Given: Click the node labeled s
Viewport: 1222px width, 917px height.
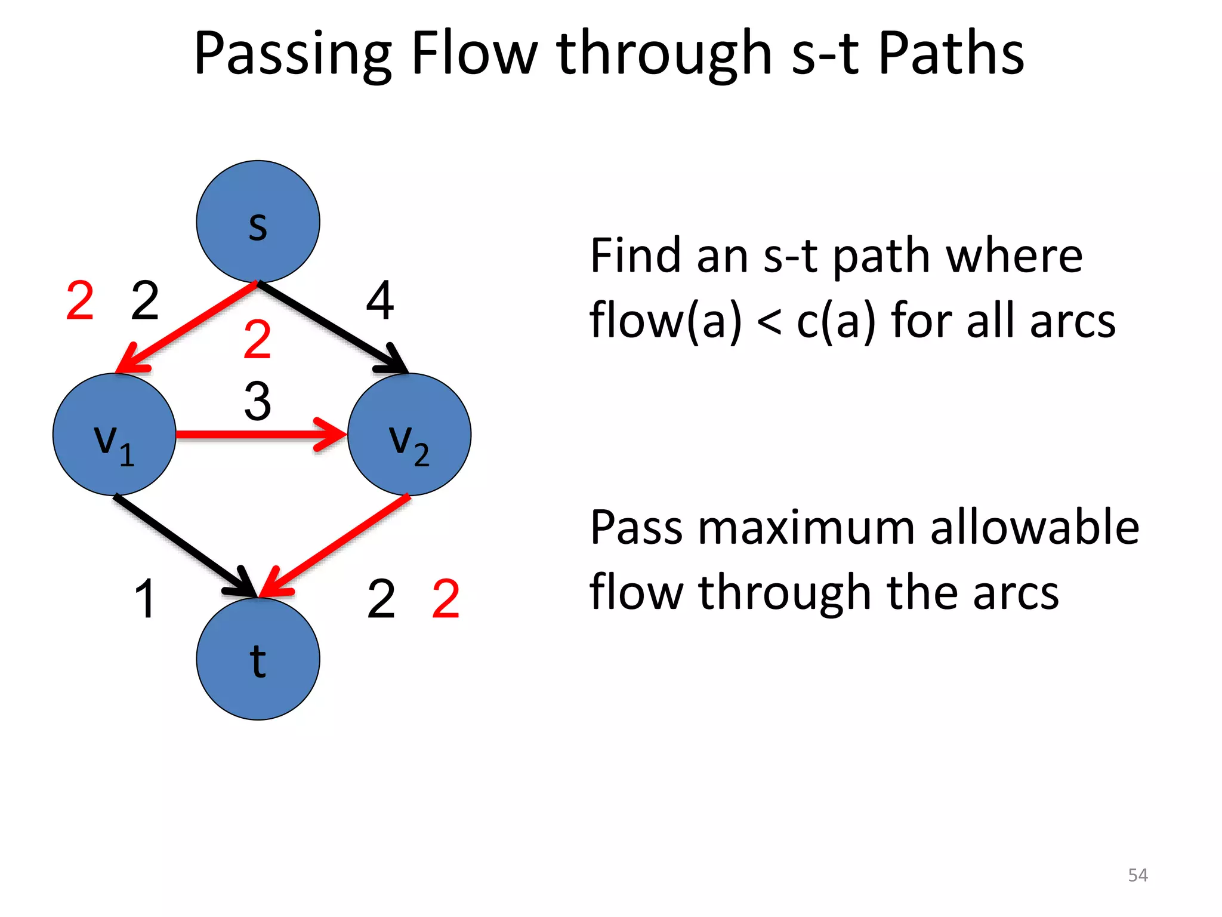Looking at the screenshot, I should [x=258, y=221].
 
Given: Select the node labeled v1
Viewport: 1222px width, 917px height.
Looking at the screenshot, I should [x=114, y=435].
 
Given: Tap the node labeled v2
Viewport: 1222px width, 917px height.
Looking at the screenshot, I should [x=409, y=435].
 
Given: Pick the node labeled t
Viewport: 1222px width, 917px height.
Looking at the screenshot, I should [x=258, y=659].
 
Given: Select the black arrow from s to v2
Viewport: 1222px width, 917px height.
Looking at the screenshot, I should [x=331, y=327].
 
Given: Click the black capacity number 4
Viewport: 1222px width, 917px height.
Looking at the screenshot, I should [x=380, y=300].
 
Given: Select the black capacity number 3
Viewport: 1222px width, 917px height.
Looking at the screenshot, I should [x=258, y=401].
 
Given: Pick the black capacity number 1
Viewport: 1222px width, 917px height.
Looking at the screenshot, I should [x=145, y=599].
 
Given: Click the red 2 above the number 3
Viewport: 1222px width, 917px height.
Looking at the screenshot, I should [x=258, y=339].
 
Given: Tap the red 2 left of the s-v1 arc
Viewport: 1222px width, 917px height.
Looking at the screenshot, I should [x=80, y=300].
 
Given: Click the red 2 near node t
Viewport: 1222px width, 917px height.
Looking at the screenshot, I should [x=446, y=599].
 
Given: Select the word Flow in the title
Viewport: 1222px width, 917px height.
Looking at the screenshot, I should [x=474, y=54].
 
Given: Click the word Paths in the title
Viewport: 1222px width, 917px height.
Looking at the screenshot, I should [x=951, y=54].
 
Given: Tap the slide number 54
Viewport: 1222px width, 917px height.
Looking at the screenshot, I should [x=1137, y=875].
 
